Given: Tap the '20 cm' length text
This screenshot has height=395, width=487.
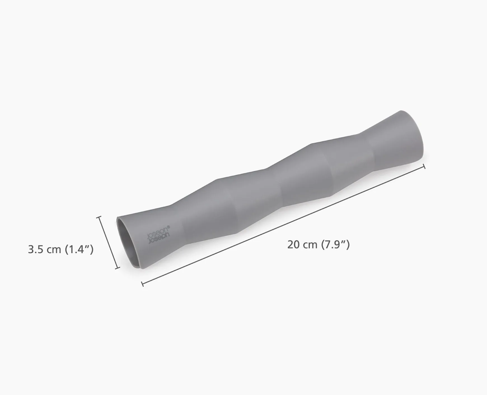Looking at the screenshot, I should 302,244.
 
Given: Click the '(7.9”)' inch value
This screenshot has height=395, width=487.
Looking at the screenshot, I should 335,244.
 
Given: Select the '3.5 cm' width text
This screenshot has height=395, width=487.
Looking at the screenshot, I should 45,249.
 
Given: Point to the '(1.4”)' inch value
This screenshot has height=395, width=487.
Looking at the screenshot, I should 79,249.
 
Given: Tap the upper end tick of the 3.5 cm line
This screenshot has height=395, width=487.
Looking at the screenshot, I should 99,217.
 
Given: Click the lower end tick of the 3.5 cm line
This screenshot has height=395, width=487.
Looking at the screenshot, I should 118,268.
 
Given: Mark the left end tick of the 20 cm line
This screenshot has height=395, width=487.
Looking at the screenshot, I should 143,284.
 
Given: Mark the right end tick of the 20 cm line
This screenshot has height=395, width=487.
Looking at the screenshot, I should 424,167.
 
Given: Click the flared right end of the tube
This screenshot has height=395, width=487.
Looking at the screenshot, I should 406,137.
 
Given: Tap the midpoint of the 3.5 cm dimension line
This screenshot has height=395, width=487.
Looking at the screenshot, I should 108,243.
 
